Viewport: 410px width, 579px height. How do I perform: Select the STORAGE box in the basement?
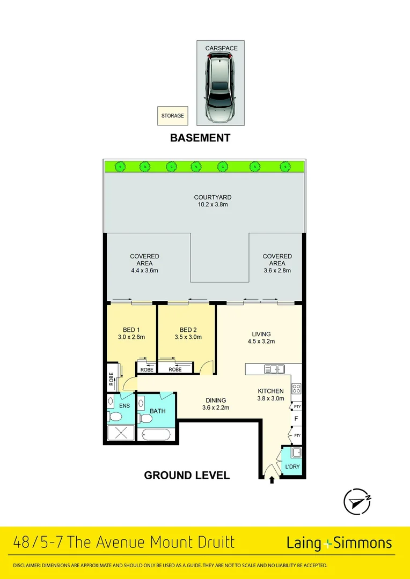pos(172,116)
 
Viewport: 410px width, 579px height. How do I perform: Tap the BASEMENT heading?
pos(200,138)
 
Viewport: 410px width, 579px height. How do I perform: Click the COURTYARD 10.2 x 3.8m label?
pos(213,201)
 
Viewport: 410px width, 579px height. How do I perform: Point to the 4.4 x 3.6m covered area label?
pos(144,263)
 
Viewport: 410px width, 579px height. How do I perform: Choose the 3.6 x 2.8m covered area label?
pos(277,263)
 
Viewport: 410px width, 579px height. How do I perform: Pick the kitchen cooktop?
pos(296,389)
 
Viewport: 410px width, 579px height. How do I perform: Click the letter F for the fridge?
pos(295,419)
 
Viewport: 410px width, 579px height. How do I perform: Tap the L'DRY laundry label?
pos(292,467)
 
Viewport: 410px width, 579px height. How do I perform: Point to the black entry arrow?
pos(272,480)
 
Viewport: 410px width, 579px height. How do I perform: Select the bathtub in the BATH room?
pos(156,434)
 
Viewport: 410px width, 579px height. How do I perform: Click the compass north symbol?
pos(357,502)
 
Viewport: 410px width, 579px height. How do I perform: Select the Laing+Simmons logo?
pos(339,543)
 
